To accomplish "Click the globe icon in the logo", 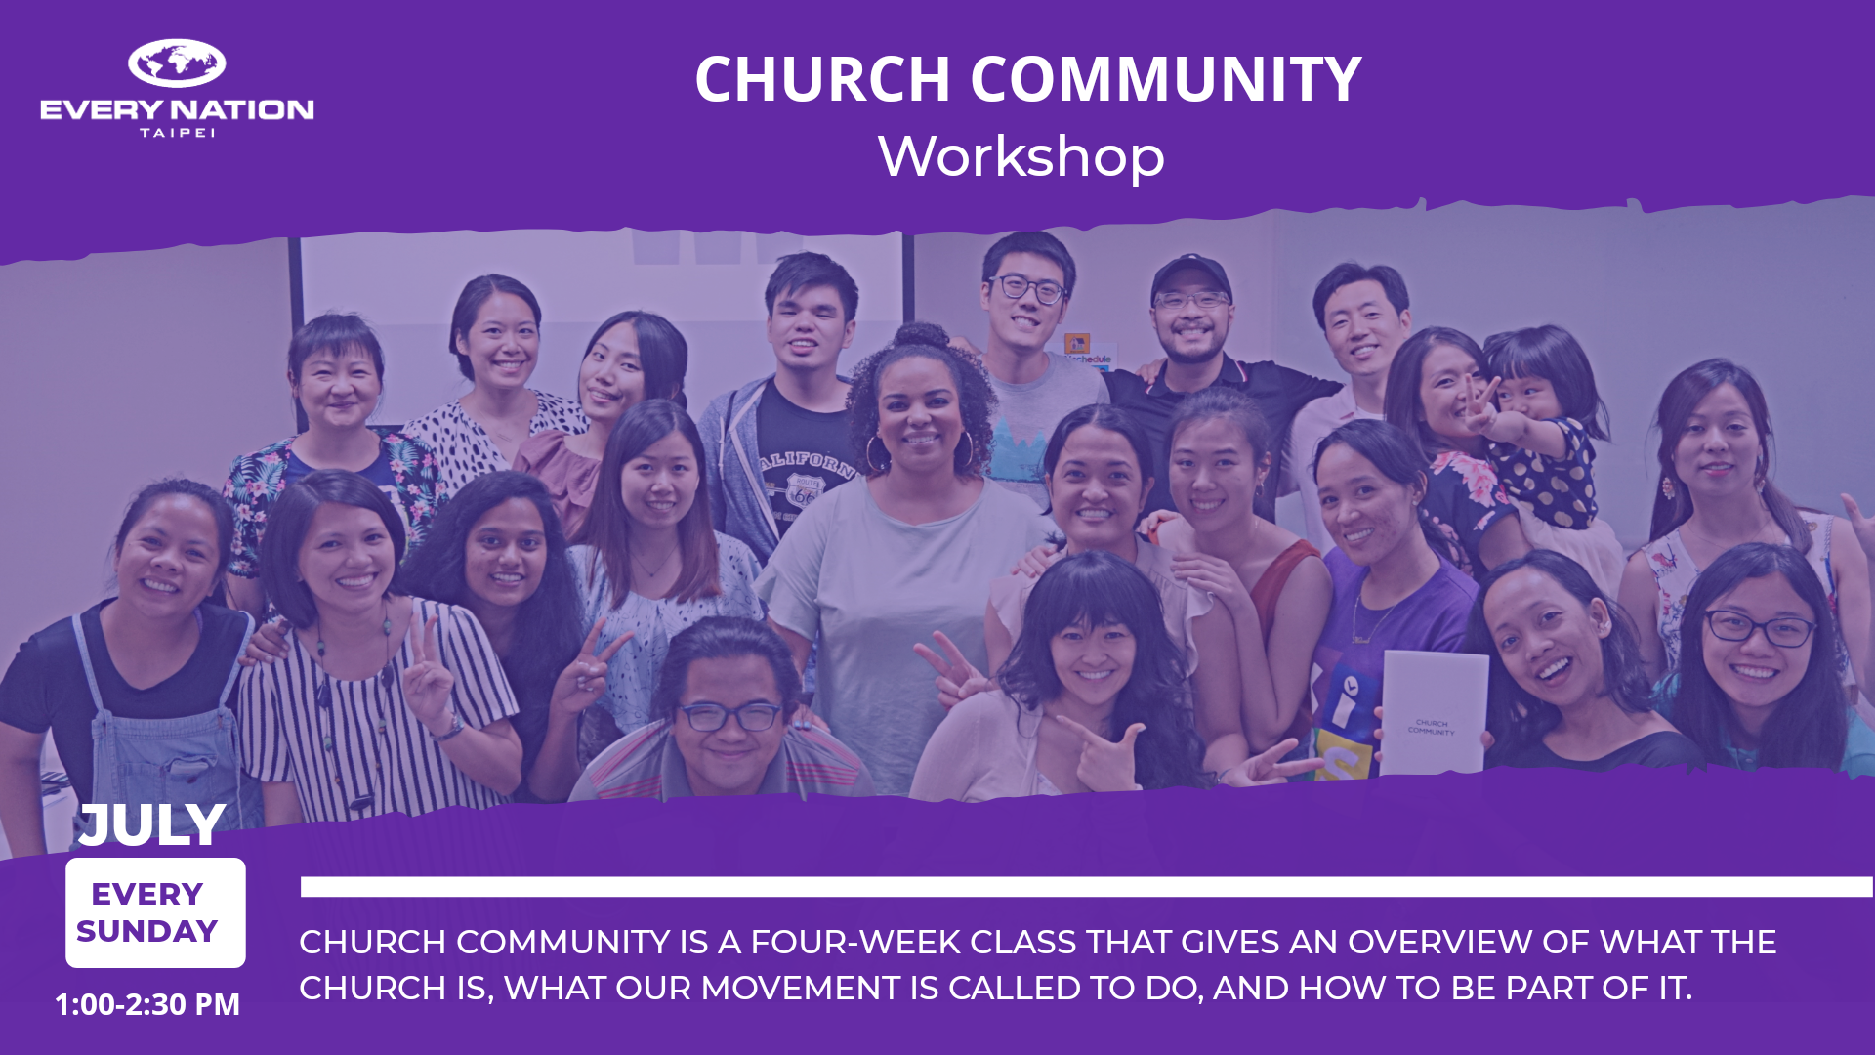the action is [177, 63].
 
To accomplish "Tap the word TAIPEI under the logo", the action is [177, 133].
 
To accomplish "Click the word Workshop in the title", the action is [1021, 156].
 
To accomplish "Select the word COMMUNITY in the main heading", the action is [1166, 79].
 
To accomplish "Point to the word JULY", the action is [152, 825].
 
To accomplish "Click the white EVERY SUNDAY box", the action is [155, 912].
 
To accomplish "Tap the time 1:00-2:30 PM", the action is [147, 1004].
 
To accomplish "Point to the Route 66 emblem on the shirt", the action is [804, 490].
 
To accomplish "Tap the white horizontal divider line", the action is [1087, 886].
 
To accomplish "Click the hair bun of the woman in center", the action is [920, 337].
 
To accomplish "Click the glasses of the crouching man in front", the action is [729, 717].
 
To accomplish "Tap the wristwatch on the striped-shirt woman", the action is [450, 727].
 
